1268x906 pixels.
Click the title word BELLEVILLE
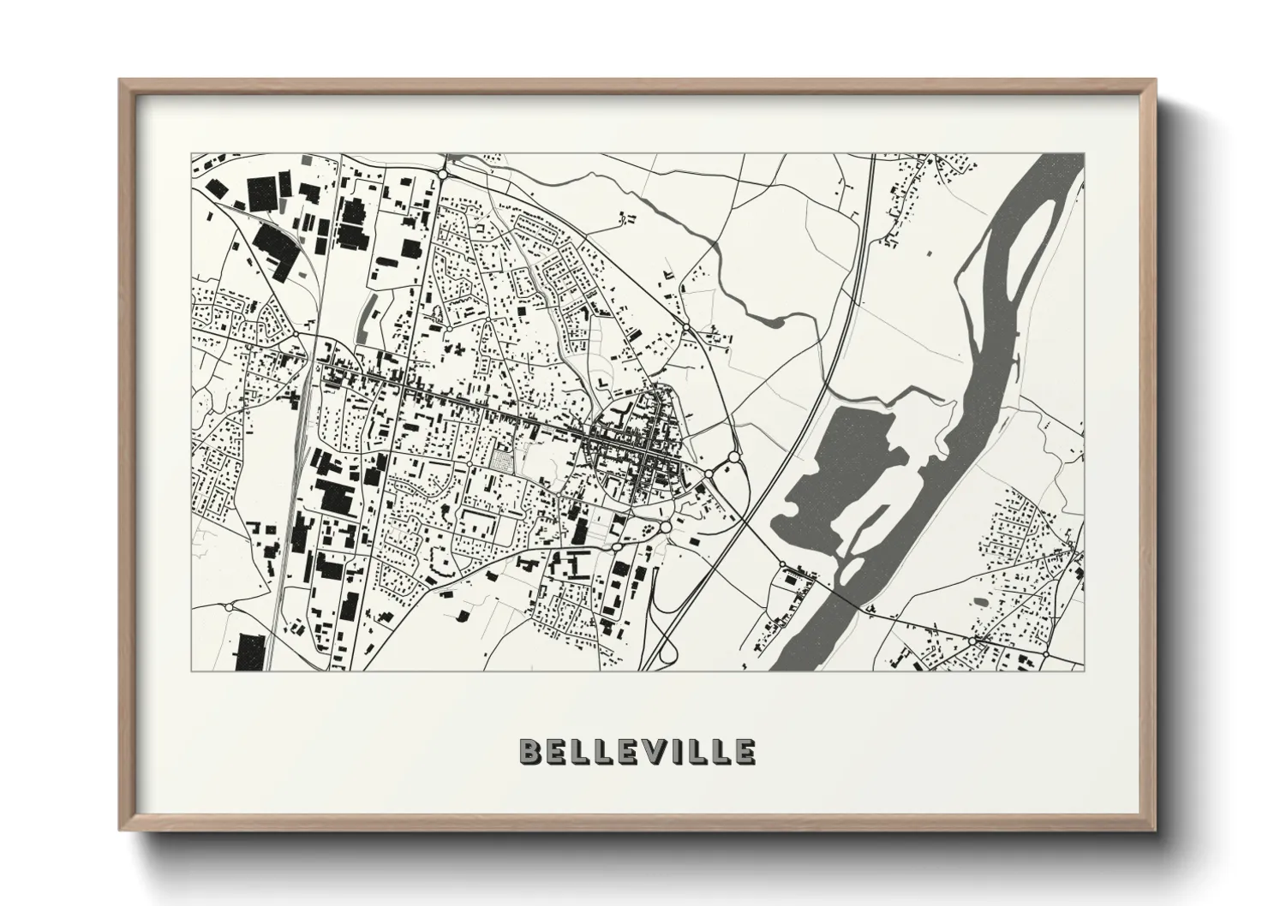637,751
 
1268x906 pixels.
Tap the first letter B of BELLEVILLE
529,751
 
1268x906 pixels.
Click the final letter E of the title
744,751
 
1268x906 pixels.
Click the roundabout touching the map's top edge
443,173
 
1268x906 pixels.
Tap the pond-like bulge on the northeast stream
771,321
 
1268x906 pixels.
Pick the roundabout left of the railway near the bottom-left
229,606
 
